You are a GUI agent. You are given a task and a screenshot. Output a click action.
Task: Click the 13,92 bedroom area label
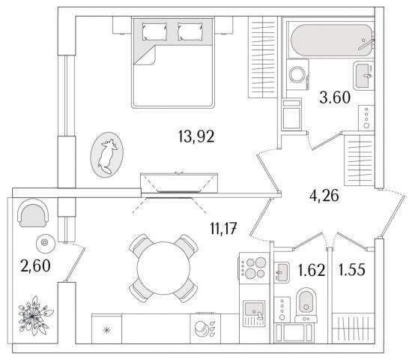pyautogui.click(x=196, y=136)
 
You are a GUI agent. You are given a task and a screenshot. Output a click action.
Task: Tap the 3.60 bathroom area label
pyautogui.click(x=335, y=97)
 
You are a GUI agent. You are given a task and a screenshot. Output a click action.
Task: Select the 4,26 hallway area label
pyautogui.click(x=324, y=196)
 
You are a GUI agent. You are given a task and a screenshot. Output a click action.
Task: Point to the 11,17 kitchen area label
pyautogui.click(x=223, y=229)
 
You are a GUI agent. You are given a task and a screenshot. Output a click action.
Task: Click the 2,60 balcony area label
pyautogui.click(x=35, y=265)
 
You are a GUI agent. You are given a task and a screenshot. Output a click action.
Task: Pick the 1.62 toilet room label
pyautogui.click(x=312, y=270)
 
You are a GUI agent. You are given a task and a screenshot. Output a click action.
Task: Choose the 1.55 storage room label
pyautogui.click(x=351, y=269)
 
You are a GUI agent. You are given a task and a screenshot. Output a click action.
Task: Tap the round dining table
pyautogui.click(x=163, y=268)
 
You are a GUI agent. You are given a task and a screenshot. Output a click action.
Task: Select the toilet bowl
pyautogui.click(x=306, y=304)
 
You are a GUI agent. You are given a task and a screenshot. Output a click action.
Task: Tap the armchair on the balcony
pyautogui.click(x=33, y=213)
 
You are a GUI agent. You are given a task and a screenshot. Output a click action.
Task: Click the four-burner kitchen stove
pyautogui.click(x=252, y=268)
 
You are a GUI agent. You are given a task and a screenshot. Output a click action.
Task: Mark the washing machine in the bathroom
pyautogui.click(x=297, y=75)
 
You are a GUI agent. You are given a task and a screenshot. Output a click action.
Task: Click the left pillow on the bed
pyautogui.click(x=154, y=31)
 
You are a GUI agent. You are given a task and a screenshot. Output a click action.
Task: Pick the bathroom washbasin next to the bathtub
pyautogui.click(x=364, y=76)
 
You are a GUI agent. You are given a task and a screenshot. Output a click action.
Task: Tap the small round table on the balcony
pyautogui.click(x=46, y=244)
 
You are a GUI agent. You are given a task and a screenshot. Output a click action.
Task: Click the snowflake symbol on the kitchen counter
pyautogui.click(x=106, y=331)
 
